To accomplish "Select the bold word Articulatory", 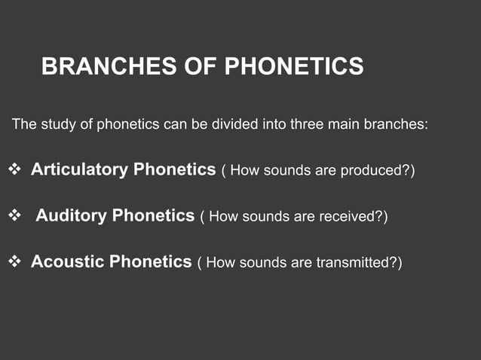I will coord(79,169).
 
